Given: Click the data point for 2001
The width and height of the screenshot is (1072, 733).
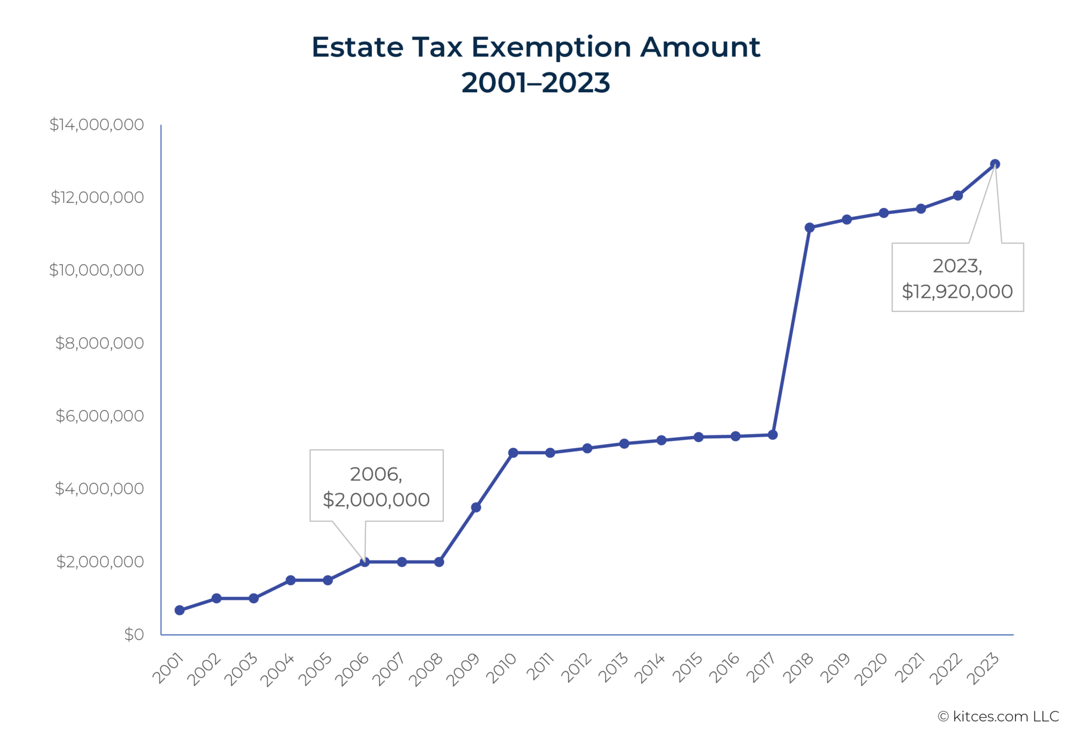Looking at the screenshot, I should click(180, 610).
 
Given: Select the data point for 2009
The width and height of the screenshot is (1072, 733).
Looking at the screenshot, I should click(476, 507).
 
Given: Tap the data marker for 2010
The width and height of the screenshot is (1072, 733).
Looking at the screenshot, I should click(513, 453).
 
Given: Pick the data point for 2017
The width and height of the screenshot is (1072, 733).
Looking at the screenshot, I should click(772, 435).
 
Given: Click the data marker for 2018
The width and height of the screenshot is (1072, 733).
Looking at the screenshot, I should click(809, 228).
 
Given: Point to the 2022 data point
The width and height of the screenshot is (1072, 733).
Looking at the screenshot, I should click(958, 196).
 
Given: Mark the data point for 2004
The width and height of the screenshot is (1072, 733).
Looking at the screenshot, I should click(291, 580).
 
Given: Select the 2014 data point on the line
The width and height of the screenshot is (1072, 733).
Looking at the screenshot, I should click(661, 440).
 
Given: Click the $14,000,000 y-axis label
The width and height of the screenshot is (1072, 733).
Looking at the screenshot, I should click(96, 125).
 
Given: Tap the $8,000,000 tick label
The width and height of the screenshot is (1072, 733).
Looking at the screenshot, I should click(99, 343).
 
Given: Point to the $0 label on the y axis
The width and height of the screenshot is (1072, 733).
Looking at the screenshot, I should click(134, 634).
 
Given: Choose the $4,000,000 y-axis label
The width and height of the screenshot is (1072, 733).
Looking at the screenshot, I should click(99, 488).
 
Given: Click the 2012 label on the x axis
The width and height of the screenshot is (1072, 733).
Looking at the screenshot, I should click(576, 668).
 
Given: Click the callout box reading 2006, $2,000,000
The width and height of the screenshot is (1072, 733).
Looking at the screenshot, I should click(376, 485).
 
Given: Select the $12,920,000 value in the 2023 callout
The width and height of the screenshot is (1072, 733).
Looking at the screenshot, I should click(957, 292).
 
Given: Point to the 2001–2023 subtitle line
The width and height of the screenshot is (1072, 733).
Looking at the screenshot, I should click(535, 83).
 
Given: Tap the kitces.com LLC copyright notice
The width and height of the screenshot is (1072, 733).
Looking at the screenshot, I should click(998, 716).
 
